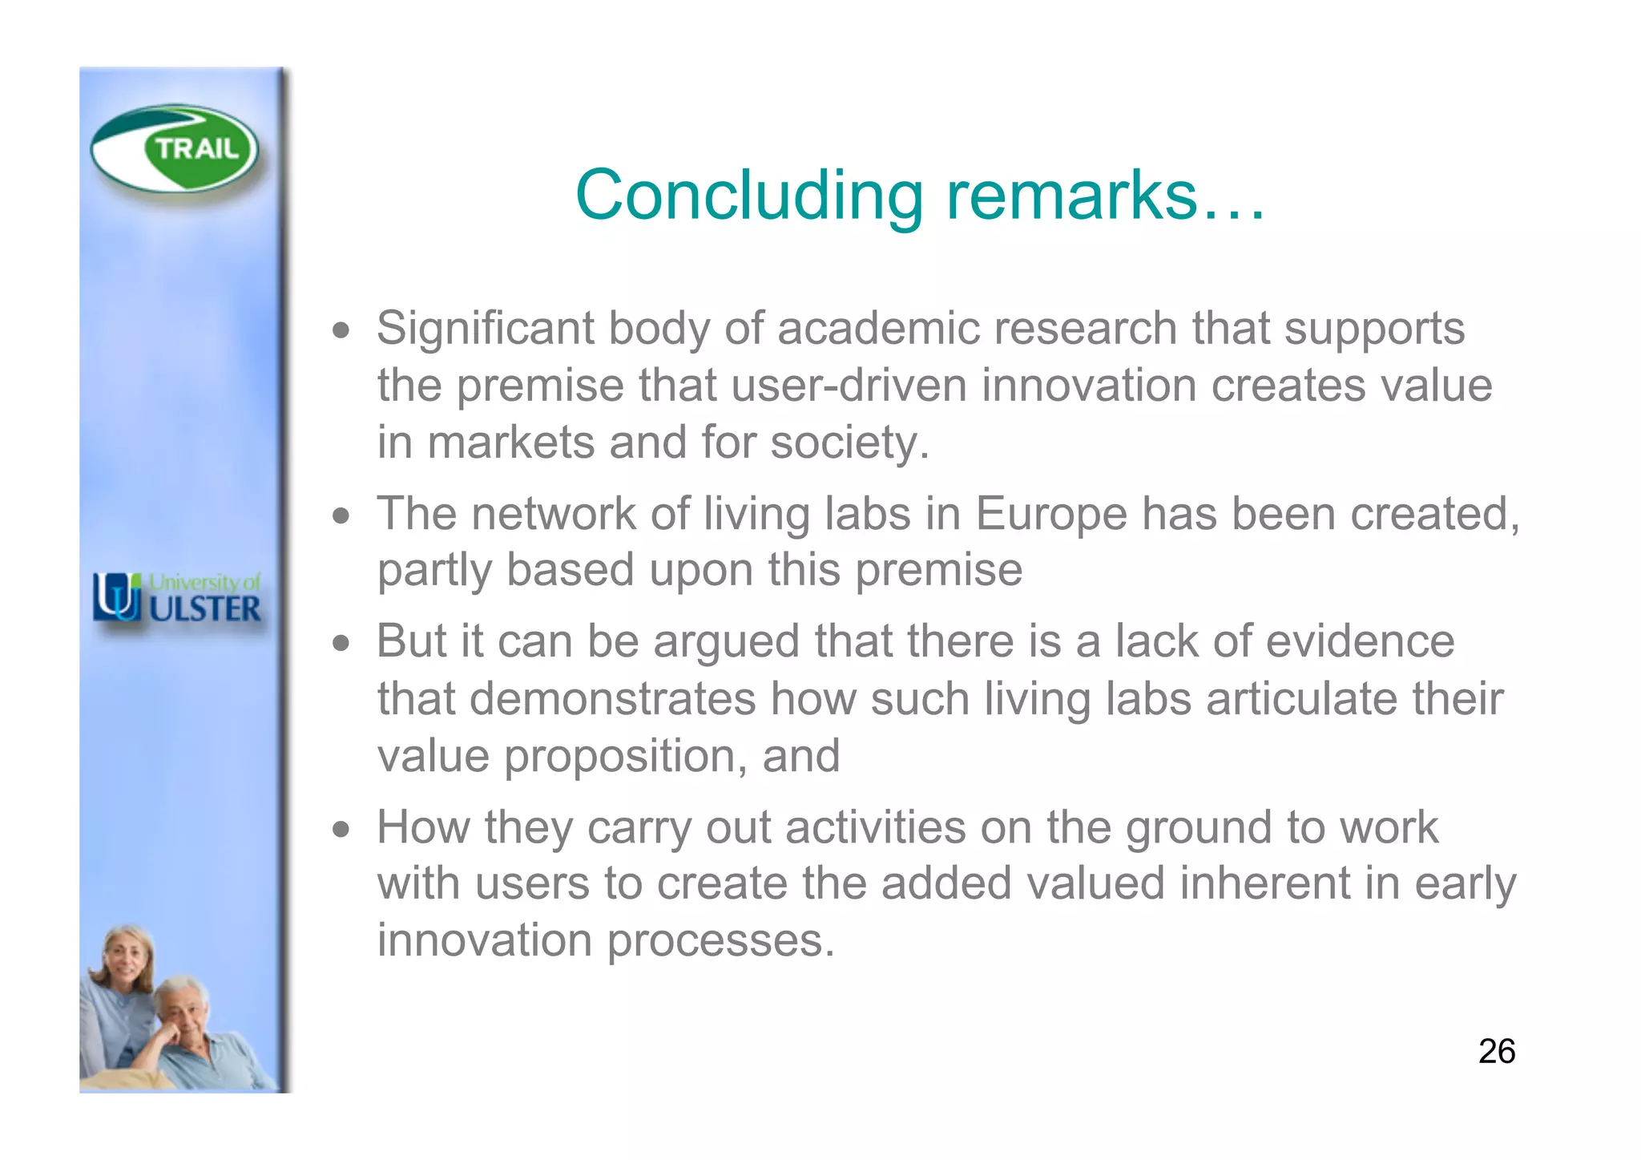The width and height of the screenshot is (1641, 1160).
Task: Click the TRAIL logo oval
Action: pos(175,148)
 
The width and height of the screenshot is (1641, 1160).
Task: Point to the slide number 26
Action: pos(1496,1051)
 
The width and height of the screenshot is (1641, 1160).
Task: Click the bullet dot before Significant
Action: pos(342,330)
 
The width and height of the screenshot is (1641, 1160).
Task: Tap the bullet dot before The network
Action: pos(342,515)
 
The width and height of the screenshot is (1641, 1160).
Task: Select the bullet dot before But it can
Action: pos(342,643)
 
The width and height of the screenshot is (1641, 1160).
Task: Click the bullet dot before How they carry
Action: pos(342,829)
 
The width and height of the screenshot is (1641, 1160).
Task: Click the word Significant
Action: pos(486,329)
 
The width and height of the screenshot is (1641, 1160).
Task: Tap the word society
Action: pos(849,443)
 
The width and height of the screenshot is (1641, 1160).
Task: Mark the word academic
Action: pos(878,329)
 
